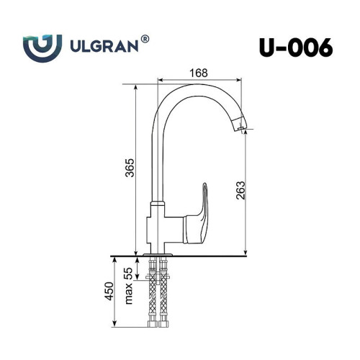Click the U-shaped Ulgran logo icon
coord(42,48)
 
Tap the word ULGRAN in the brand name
coord(104,46)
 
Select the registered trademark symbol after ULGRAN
coord(145,40)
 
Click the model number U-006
coord(296,48)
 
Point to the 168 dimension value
coord(199,73)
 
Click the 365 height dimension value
coord(130,168)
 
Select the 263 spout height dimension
coord(240,190)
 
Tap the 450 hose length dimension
coord(109,291)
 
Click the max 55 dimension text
coord(129,286)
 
